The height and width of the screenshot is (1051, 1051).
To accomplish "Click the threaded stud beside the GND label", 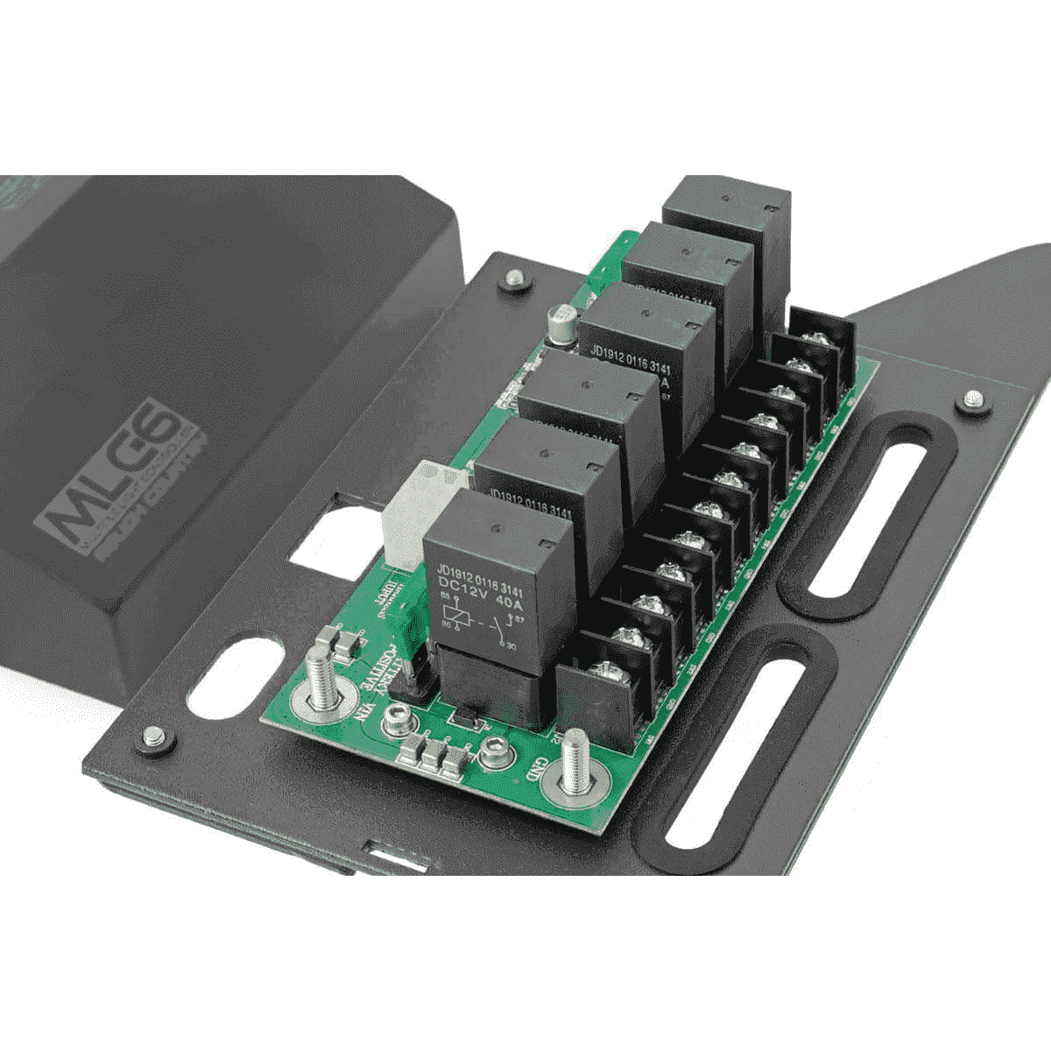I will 574,762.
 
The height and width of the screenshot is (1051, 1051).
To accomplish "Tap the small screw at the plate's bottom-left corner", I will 154,737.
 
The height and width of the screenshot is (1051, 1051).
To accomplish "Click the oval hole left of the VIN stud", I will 233,674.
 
